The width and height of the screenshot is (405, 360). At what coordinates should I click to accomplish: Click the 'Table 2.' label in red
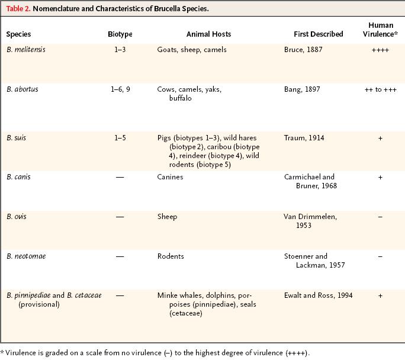(x=18, y=8)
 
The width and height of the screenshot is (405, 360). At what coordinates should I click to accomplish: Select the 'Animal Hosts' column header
(x=208, y=34)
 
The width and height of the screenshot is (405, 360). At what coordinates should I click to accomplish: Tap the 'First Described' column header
(x=319, y=34)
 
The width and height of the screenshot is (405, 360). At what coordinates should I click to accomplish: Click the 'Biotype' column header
(x=120, y=34)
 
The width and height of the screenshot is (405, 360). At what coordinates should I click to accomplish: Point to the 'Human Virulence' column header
(x=380, y=30)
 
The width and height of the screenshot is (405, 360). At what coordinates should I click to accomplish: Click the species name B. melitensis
(x=26, y=49)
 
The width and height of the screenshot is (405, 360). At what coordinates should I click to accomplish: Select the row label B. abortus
(x=22, y=89)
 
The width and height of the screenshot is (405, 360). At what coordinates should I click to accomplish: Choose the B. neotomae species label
(x=26, y=256)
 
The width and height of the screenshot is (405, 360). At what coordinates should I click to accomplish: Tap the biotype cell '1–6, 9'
(x=120, y=89)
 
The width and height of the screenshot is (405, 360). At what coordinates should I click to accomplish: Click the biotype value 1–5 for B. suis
(x=120, y=137)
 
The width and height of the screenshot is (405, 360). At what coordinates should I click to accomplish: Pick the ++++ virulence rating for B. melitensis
(x=380, y=50)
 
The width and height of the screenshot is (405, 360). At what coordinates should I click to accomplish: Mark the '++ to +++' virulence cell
(x=381, y=89)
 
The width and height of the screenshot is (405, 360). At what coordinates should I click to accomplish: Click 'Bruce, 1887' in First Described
(x=303, y=50)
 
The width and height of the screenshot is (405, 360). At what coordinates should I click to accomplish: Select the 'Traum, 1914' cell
(x=304, y=137)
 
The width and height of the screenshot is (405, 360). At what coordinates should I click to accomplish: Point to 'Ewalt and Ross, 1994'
(x=318, y=295)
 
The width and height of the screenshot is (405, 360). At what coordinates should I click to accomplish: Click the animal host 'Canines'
(x=170, y=177)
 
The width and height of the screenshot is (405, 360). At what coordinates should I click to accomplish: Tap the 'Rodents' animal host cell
(x=171, y=256)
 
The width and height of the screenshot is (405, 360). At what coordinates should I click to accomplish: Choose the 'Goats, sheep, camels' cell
(x=192, y=50)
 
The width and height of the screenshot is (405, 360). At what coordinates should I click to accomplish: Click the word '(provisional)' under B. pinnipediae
(x=39, y=304)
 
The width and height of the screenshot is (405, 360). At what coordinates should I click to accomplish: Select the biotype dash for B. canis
(x=120, y=177)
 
